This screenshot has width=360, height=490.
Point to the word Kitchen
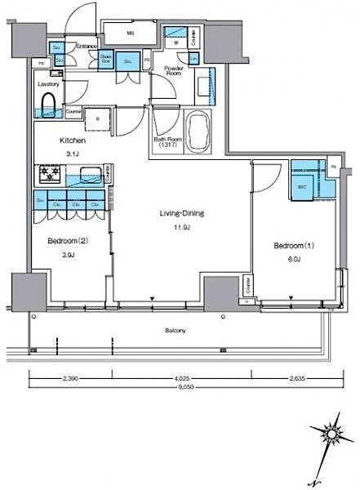pyautogui.click(x=72, y=140)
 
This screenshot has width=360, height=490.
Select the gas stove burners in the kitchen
pyautogui.click(x=47, y=174)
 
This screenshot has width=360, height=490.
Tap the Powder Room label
pyautogui.click(x=173, y=69)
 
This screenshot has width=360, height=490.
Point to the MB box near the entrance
pyautogui.click(x=131, y=33)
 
